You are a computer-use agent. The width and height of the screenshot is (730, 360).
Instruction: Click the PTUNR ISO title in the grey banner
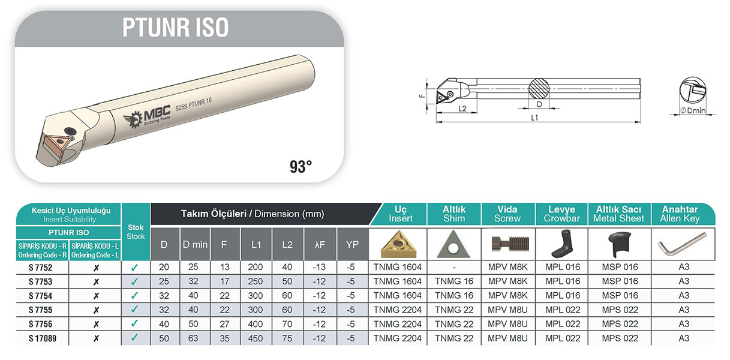click(x=175, y=28)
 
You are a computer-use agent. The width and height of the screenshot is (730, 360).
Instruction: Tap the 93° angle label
click(x=301, y=167)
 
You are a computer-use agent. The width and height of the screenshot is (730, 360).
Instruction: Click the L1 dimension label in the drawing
click(x=534, y=118)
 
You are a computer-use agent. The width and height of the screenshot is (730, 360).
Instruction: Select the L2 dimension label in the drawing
click(x=462, y=109)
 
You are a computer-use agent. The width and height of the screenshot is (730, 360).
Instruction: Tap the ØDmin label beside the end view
click(x=693, y=110)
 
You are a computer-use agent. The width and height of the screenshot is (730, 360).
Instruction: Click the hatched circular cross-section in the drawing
click(x=539, y=89)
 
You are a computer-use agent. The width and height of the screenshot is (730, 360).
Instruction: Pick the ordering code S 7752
click(x=40, y=268)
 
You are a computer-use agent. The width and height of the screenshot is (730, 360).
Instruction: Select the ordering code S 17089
click(x=43, y=338)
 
